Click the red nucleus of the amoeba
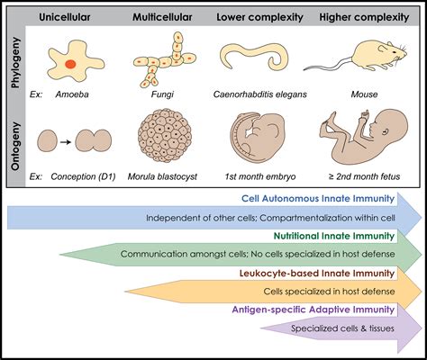coord(71,64)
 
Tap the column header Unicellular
coord(65,17)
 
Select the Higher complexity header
coord(364,17)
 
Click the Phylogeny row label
coord(15,62)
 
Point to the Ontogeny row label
coord(15,146)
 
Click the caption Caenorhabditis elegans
coord(260,94)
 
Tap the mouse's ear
coord(382,48)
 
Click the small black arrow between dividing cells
coord(66,141)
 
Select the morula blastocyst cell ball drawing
coord(165,136)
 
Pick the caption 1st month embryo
coord(260,176)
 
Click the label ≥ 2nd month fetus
coord(364,176)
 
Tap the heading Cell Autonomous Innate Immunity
coord(318,199)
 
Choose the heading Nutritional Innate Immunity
coord(334,236)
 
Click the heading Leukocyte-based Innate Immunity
coord(317,274)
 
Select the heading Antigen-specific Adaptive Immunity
coord(313,310)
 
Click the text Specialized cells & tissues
coord(342,328)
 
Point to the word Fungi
coord(162,94)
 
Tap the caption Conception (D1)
coord(83,176)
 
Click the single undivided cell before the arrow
coord(47,140)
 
